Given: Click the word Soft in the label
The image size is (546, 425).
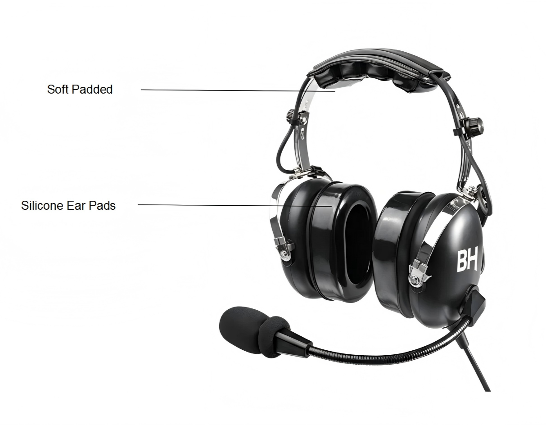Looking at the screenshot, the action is click(x=58, y=90).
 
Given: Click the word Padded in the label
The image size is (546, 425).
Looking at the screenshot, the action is click(x=93, y=90).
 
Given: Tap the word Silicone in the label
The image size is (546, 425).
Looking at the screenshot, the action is click(x=42, y=206).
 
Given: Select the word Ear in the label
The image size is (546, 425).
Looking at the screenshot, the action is click(x=76, y=206).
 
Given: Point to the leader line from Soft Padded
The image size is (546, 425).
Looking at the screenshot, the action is click(x=238, y=90).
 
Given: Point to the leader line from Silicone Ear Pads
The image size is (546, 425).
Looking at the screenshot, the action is click(x=235, y=205).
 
